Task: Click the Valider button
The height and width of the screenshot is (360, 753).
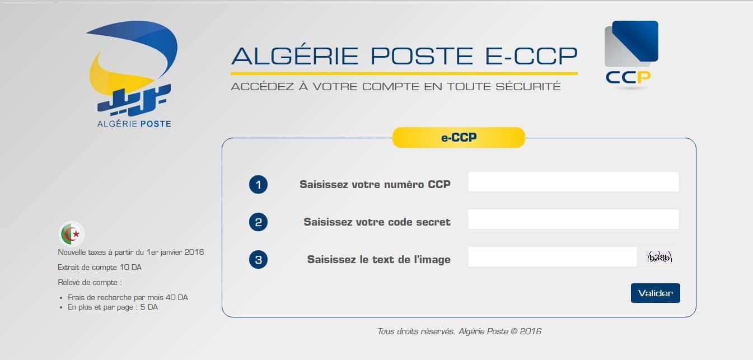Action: (655, 293)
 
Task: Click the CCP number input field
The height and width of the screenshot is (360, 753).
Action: (573, 182)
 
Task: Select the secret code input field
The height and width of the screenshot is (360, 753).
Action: (573, 219)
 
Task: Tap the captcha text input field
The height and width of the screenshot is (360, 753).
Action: (552, 257)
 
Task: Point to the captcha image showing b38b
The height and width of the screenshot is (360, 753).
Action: (659, 258)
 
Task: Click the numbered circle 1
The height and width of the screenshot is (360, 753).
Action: (258, 185)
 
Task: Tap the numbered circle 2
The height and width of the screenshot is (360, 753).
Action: (258, 222)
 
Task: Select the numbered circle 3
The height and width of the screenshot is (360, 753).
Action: (258, 260)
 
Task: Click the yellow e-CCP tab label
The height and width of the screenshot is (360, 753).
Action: (459, 137)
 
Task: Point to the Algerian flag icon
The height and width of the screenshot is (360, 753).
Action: (72, 233)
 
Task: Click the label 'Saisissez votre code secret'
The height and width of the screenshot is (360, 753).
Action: (377, 222)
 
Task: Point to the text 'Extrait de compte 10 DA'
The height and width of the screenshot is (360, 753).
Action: (100, 268)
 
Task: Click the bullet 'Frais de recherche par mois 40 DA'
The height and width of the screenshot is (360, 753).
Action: (128, 298)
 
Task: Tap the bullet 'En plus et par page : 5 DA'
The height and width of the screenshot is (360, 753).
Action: (113, 307)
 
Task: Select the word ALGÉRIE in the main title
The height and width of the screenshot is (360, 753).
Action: (296, 56)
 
